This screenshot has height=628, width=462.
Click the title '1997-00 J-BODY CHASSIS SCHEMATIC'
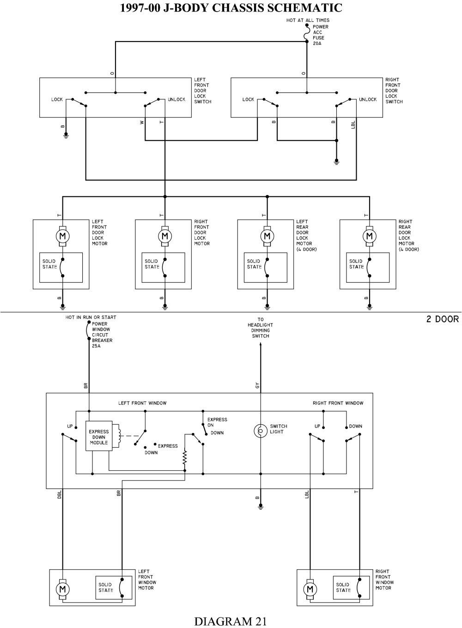pos(231,8)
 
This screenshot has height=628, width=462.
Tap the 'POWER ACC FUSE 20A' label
pos(320,35)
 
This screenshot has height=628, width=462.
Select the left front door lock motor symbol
pos(62,236)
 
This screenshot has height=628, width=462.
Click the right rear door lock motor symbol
pos(369,236)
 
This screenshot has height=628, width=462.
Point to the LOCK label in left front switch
pos(57,99)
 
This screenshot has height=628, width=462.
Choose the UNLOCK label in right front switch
pos(368,99)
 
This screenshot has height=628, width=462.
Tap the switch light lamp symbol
pos(261,431)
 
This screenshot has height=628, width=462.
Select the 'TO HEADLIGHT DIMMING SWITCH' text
pos(261,328)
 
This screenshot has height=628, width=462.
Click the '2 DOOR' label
pos(442,319)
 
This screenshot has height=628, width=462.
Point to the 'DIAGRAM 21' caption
pos(230,621)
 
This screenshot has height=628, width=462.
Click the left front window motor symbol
pos(62,589)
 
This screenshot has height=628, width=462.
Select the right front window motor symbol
pos(310,589)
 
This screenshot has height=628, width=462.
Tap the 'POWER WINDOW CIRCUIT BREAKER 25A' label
pos(102,335)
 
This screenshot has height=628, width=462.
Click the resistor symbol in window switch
pos(185,457)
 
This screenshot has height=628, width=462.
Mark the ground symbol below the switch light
pos(261,506)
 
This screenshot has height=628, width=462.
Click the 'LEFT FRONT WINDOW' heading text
pos(142,403)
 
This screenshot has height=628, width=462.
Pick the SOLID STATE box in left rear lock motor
pos(266,267)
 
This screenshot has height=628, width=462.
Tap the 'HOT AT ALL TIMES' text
pos(308,20)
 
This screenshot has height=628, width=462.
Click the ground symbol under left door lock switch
pos(66,136)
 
